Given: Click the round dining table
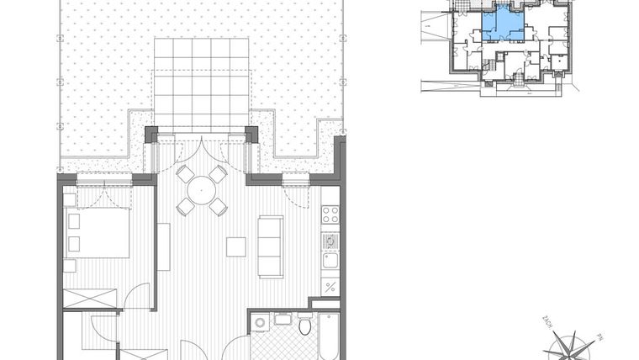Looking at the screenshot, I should pyautogui.click(x=202, y=190).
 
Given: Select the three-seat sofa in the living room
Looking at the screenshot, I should pyautogui.click(x=271, y=246).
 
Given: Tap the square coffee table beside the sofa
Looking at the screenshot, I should pyautogui.click(x=236, y=247).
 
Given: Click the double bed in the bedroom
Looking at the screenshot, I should pyautogui.click(x=97, y=233).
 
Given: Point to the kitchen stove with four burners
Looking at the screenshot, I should pyautogui.click(x=330, y=216).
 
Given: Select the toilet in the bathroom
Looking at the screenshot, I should pyautogui.click(x=304, y=326).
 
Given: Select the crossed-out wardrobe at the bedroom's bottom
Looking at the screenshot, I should pyautogui.click(x=92, y=299).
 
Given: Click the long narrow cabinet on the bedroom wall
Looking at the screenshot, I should pyautogui.click(x=163, y=246).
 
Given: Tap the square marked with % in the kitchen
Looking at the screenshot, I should pyautogui.click(x=330, y=286).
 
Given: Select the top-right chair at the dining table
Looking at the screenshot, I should pyautogui.click(x=218, y=174).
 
